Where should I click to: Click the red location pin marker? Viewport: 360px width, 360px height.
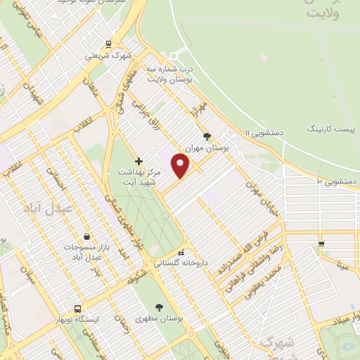coord(181,165)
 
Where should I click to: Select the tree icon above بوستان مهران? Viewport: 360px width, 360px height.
coord(206,136)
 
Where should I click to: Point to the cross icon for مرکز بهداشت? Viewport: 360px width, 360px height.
coord(139,161)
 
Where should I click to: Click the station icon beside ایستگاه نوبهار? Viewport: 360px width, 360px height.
coord(77,308)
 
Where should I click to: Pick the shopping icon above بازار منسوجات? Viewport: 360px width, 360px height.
coord(86,237)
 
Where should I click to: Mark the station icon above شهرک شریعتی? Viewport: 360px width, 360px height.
coord(108,44)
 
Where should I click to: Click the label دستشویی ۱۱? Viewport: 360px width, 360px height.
coord(262,132)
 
